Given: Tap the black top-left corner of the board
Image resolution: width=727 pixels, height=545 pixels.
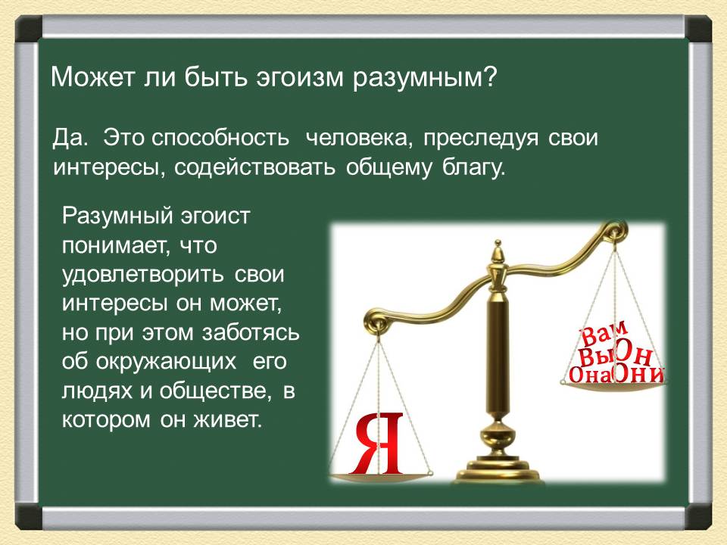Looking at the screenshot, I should [27, 29].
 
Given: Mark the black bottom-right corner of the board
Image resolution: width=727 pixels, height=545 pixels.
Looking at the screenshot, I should [699, 516].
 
